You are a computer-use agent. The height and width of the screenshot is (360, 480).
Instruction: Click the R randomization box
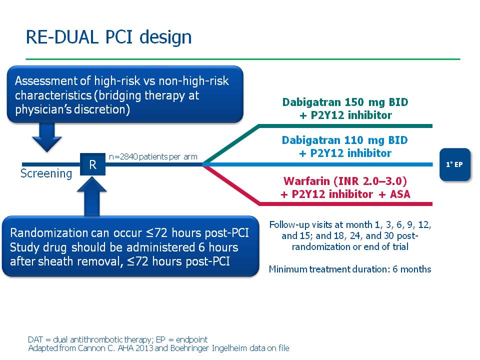93,164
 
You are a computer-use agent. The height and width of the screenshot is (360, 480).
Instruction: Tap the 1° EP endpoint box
455,164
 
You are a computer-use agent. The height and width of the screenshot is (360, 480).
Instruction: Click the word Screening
46,174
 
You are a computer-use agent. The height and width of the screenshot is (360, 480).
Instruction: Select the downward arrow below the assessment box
47,137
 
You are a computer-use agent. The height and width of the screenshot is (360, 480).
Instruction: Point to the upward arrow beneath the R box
92,196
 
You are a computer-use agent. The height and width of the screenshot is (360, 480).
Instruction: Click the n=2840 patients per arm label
153,157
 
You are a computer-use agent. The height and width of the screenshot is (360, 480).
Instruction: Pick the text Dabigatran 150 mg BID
345,102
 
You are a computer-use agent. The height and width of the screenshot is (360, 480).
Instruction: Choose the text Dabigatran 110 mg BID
345,140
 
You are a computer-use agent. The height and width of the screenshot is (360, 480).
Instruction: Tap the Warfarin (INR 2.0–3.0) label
345,181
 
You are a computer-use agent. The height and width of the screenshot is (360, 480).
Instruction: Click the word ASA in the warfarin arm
400,194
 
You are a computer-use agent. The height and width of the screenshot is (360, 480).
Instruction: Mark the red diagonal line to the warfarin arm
231,184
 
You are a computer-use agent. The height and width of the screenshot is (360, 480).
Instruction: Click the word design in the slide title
165,37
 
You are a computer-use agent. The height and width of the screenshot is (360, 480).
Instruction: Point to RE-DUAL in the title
62,37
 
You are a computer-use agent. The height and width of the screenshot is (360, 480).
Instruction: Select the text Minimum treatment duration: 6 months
350,269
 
